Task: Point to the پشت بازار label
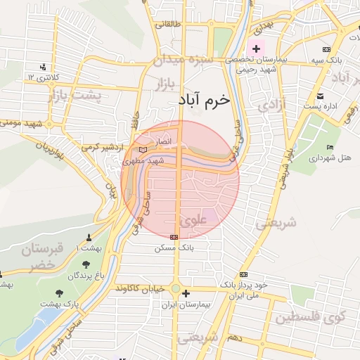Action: tap(73, 94)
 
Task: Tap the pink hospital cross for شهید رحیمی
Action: tap(257, 49)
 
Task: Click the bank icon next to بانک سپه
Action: tap(326, 49)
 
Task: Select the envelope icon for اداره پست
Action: tap(320, 96)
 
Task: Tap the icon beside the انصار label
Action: tap(143, 150)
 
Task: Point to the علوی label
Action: tap(193, 220)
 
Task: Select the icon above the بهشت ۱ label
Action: tap(89, 238)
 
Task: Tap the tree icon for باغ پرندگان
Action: tap(86, 265)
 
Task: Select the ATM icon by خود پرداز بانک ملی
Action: tap(243, 274)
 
